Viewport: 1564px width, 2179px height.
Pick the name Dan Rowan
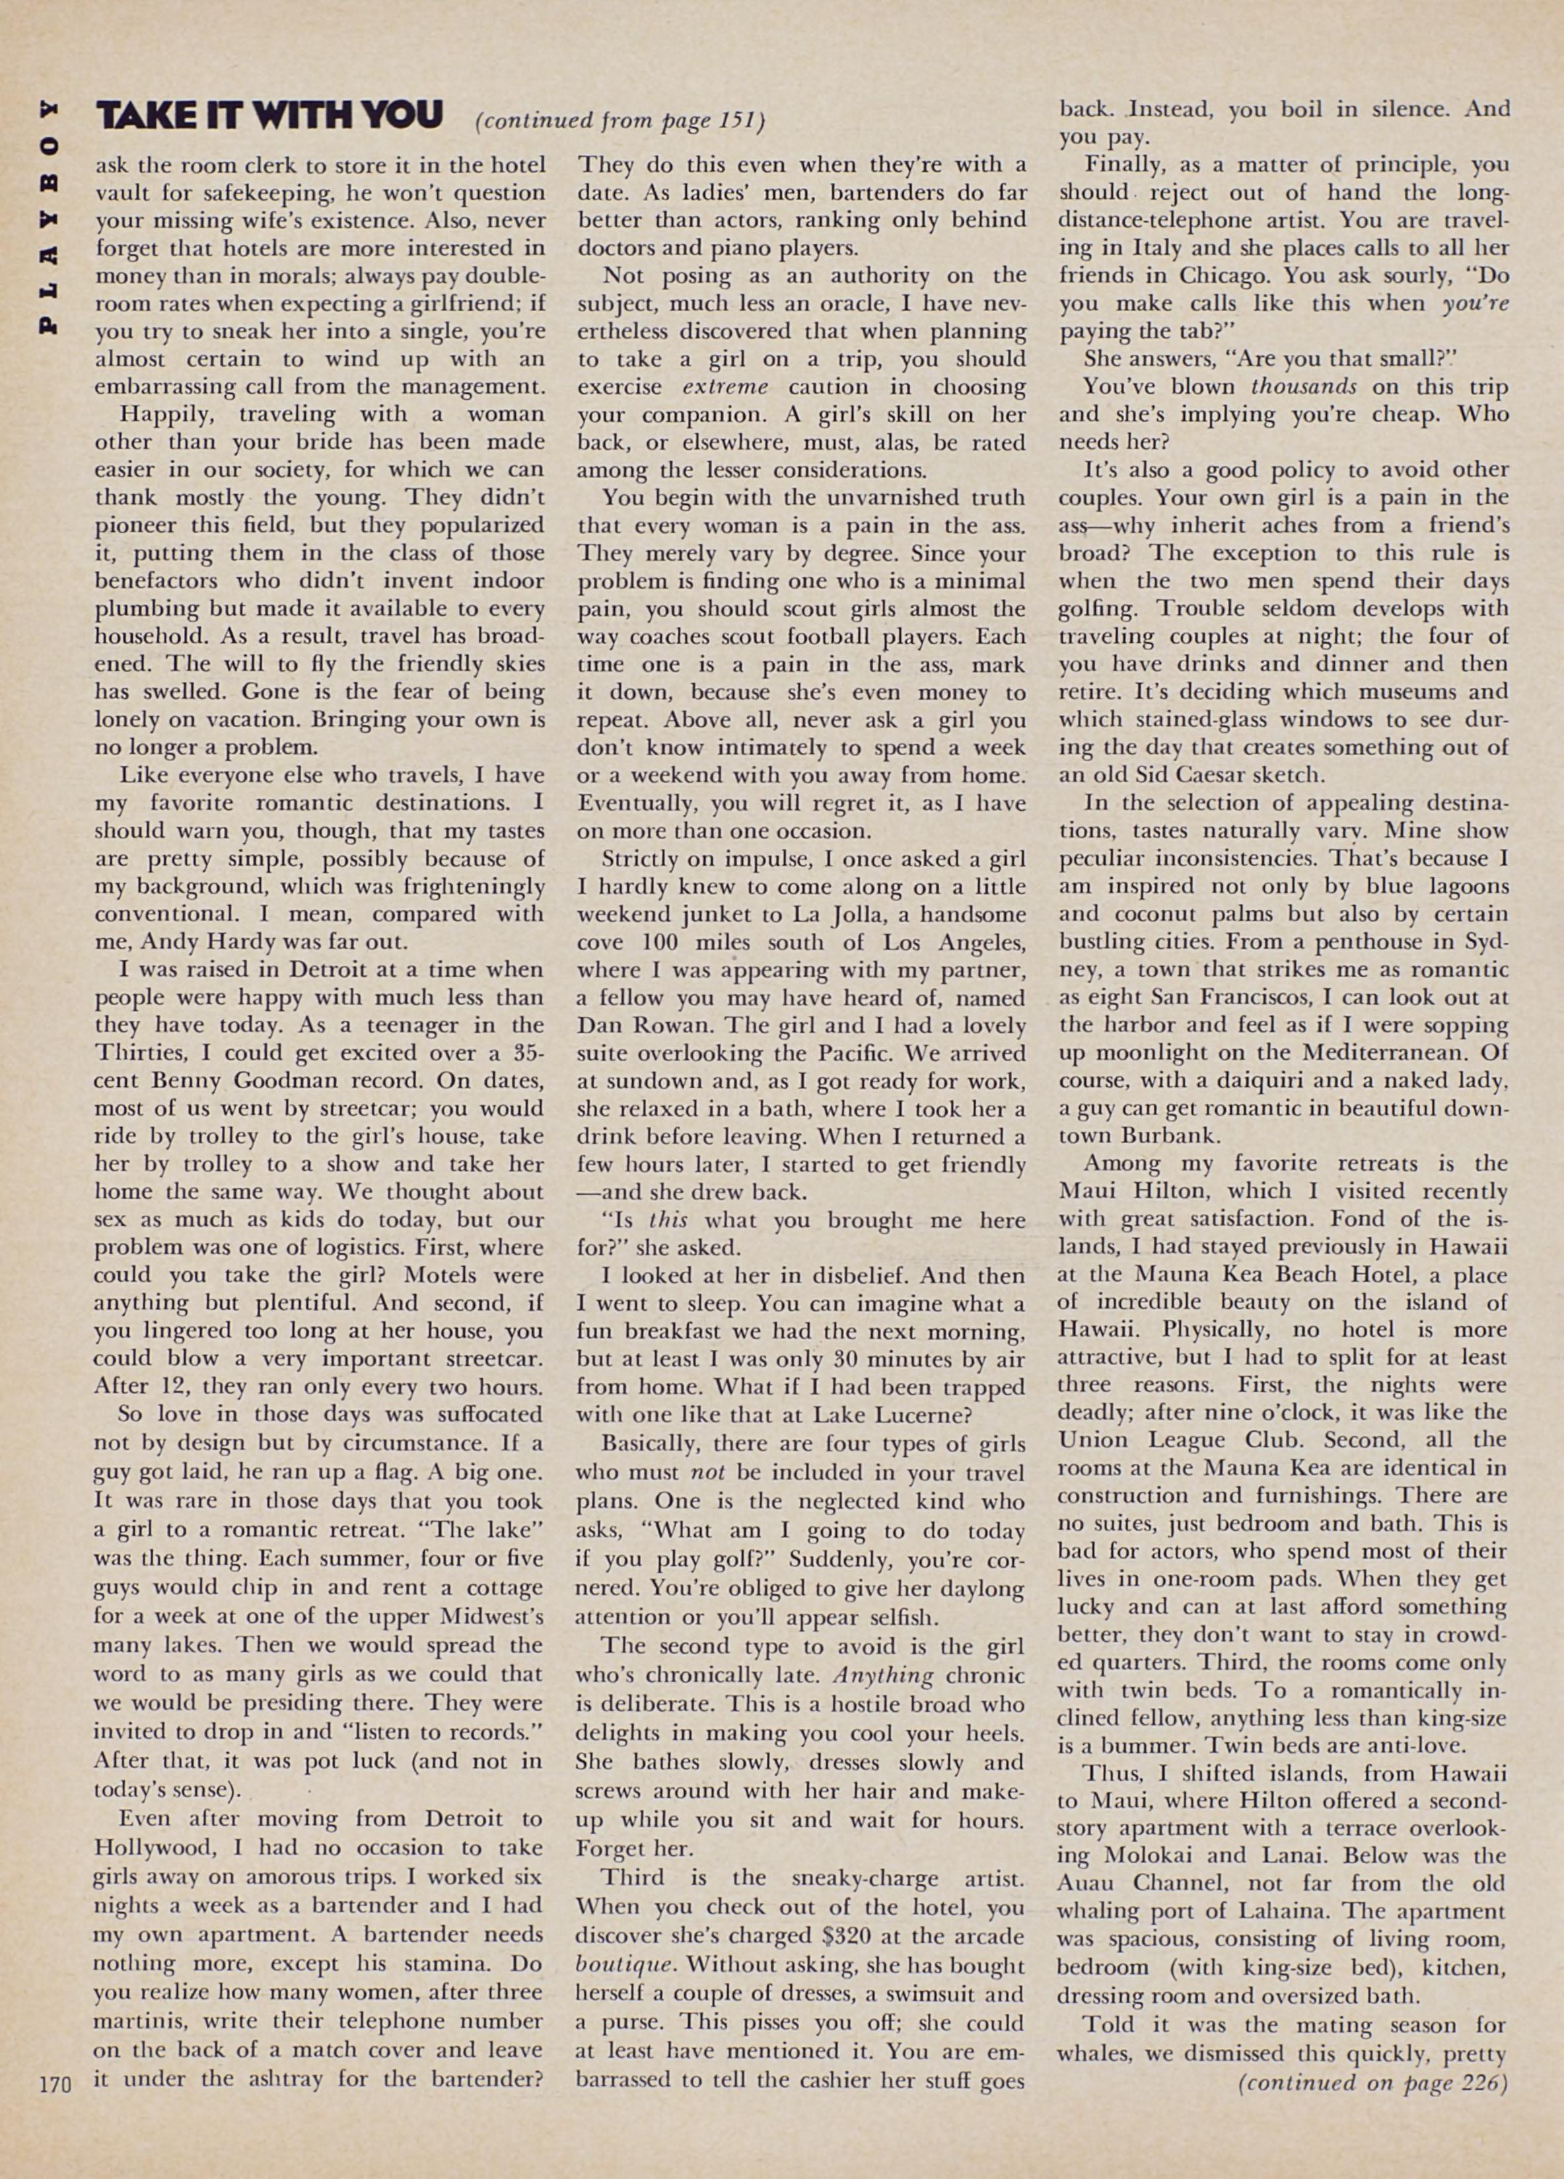[647, 1026]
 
